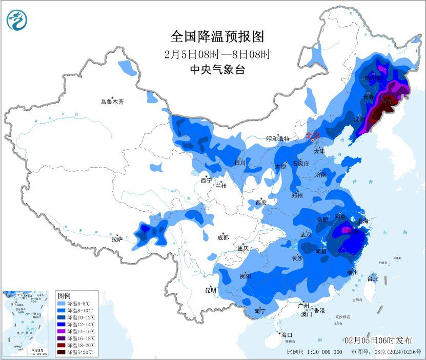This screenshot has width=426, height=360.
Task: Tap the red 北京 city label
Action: click(312, 136)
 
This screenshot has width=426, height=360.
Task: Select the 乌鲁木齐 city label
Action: click(112, 102)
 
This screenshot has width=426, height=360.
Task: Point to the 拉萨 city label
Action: click(117, 239)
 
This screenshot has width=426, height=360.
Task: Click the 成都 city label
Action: click(222, 238)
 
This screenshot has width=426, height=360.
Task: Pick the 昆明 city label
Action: click(211, 290)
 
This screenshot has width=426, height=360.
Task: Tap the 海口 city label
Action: click(287, 335)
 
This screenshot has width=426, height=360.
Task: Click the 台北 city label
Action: click(373, 279)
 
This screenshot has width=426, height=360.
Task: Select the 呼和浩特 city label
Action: click(277, 139)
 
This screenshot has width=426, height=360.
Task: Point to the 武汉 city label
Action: click(306, 235)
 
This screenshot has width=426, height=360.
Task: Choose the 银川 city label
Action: click(240, 163)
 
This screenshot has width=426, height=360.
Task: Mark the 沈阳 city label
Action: click(359, 119)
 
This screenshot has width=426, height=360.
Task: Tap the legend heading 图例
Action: click(64, 296)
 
